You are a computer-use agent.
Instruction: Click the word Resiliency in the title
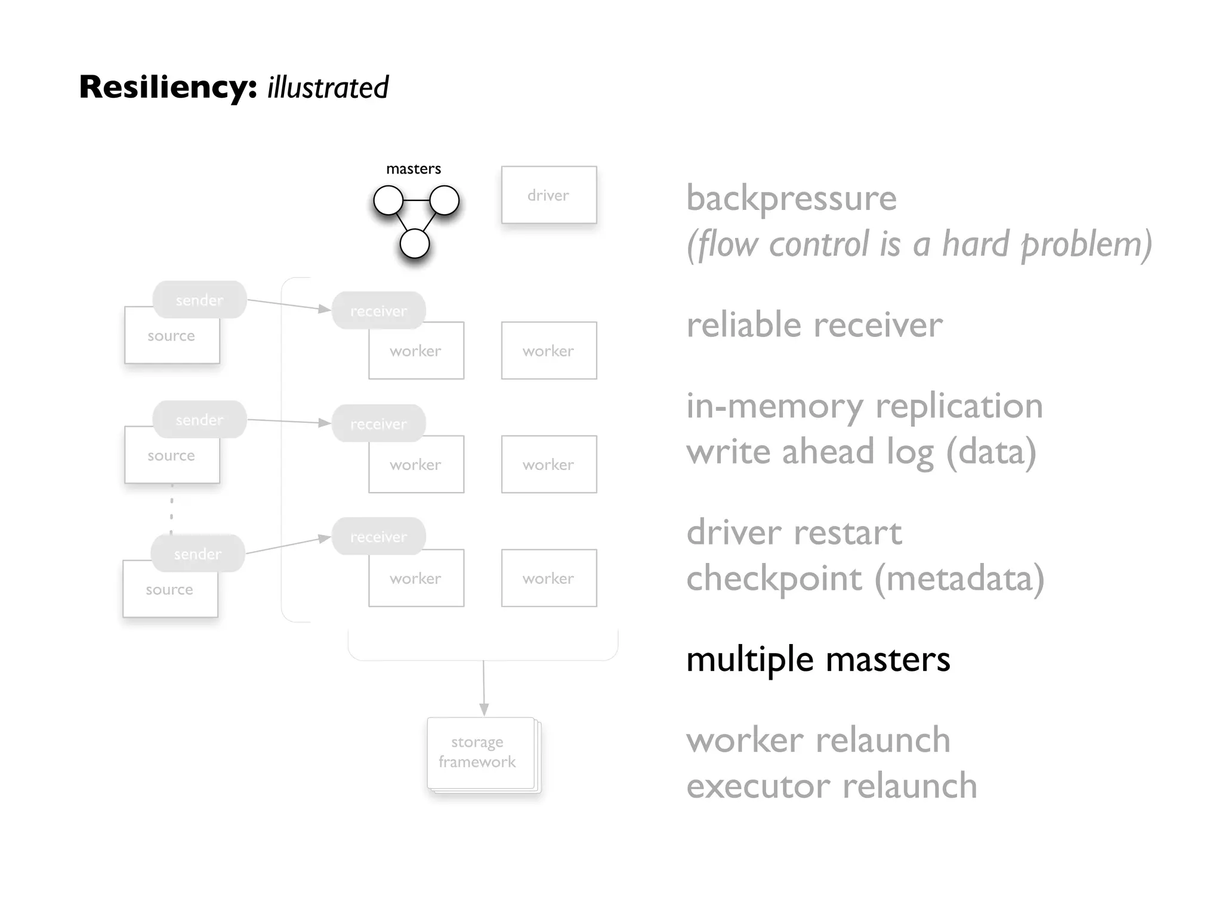168,87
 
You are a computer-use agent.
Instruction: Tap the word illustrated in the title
328,88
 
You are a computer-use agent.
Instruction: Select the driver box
548,195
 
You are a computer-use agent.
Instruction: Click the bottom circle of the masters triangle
414,244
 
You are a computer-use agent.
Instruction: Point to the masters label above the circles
413,169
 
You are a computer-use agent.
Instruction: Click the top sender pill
199,300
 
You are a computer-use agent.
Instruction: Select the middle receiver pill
378,423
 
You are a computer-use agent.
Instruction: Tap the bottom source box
170,590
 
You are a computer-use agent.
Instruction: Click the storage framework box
480,753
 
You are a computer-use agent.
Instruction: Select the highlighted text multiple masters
817,660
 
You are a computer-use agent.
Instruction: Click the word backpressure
791,198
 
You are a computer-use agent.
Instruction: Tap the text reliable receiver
814,325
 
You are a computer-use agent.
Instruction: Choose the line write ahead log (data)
860,452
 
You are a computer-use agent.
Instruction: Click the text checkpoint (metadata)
865,578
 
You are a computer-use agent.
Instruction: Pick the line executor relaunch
831,786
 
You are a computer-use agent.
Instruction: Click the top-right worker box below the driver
548,351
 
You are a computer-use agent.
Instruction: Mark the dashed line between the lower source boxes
172,508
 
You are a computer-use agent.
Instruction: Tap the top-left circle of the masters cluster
388,200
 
